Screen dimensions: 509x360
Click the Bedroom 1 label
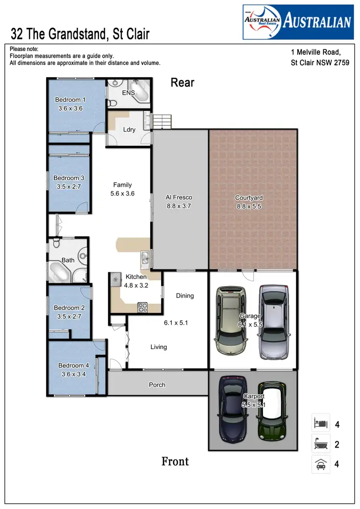70,100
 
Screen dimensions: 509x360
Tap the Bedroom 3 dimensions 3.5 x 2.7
69,187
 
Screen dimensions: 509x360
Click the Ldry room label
129,130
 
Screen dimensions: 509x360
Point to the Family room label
122,185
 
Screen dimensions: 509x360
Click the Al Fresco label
179,197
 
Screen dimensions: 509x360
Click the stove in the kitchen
143,307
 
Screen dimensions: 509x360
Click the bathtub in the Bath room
60,272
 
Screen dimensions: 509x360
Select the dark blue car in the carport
233,409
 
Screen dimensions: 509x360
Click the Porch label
157,385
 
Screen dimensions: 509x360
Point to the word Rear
182,83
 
